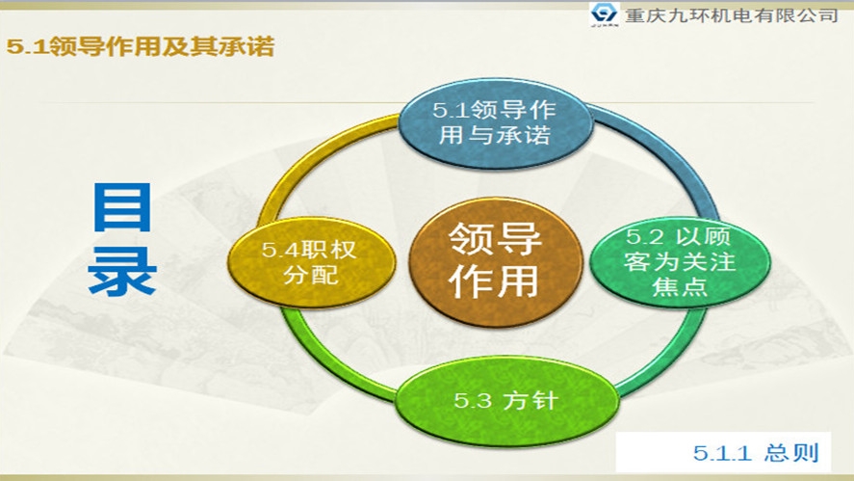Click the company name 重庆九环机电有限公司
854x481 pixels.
[x=731, y=16]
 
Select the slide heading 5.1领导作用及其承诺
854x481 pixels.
[x=140, y=46]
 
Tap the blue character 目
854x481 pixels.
[x=122, y=207]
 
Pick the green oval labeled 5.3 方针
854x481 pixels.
[x=504, y=399]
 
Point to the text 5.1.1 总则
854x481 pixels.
[x=756, y=453]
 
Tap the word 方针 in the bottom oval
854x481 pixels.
[x=530, y=400]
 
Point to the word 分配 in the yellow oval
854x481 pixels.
[x=310, y=276]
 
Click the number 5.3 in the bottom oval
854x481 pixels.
[x=473, y=400]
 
